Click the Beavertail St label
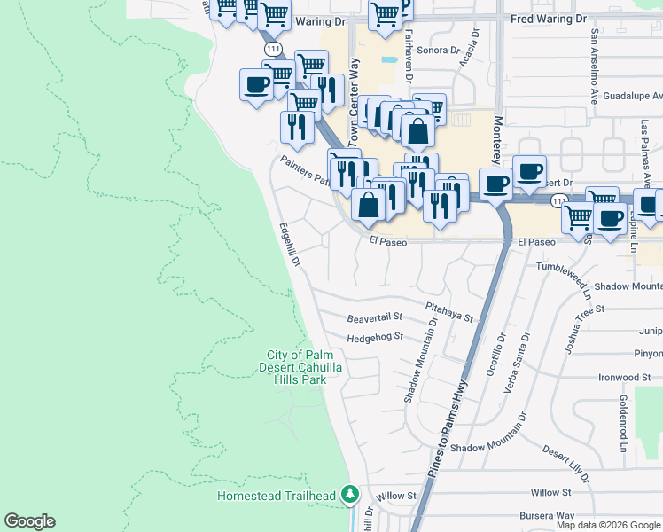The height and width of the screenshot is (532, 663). [x=375, y=317]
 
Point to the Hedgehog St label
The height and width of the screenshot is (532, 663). [x=375, y=337]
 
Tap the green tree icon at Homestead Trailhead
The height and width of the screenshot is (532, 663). [x=351, y=494]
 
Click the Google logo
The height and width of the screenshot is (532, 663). [x=29, y=521]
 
